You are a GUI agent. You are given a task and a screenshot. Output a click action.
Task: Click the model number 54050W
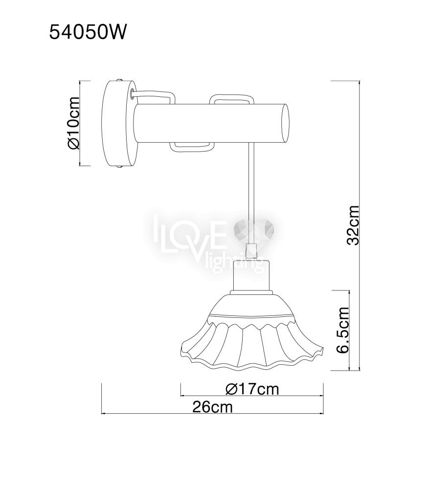[x=88, y=32]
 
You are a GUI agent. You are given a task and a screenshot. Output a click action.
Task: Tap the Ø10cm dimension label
[x=73, y=123]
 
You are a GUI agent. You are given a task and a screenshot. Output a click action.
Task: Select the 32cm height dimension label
[x=353, y=225]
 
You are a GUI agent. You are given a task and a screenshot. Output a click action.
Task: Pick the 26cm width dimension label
[x=213, y=407]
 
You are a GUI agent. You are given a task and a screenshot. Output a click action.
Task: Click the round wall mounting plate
[x=120, y=124]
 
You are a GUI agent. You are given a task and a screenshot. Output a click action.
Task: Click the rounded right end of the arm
[x=285, y=124]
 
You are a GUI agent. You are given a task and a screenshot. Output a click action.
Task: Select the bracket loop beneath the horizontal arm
[x=192, y=147]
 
